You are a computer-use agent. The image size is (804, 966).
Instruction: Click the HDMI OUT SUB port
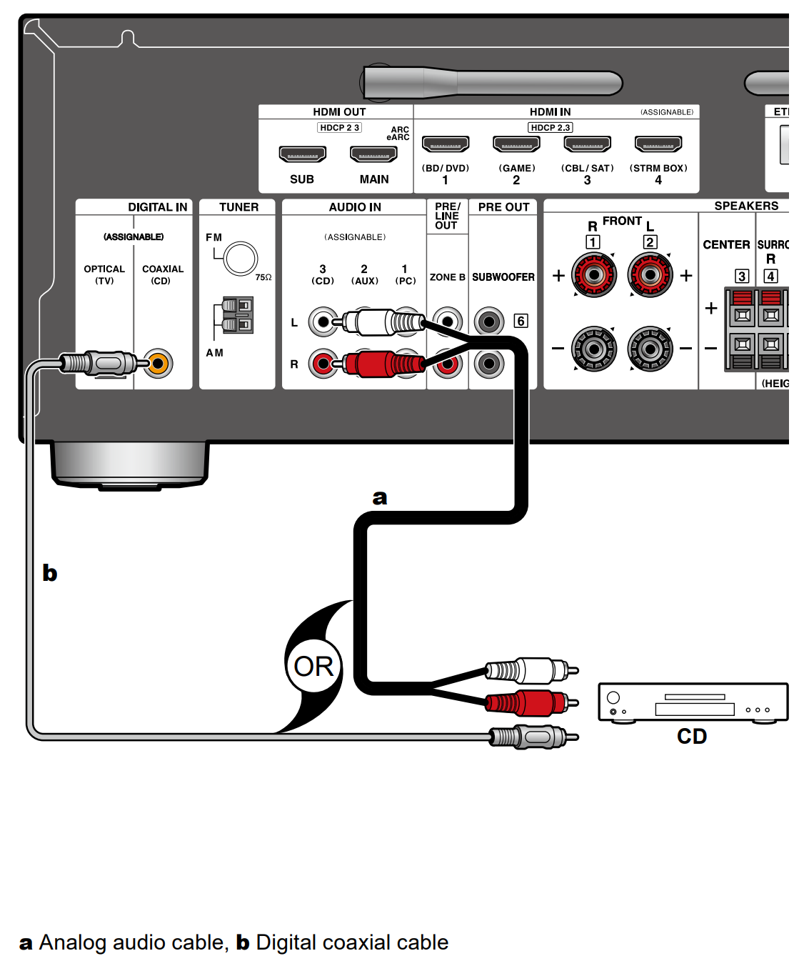[x=302, y=154]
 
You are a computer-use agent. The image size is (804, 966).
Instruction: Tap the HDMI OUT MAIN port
[x=373, y=154]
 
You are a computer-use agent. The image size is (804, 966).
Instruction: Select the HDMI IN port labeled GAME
[x=516, y=144]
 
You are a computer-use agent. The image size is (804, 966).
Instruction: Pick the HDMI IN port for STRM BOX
[x=658, y=144]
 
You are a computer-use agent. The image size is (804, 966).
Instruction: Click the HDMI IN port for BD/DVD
[x=446, y=144]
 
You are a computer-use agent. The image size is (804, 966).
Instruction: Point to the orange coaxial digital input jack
[x=159, y=364]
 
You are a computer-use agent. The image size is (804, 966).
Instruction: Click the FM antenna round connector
[x=240, y=259]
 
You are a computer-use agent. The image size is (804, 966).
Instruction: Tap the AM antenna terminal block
[x=237, y=316]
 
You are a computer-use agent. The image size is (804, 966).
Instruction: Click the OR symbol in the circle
[x=313, y=667]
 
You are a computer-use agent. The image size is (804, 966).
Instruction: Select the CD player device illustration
[x=693, y=702]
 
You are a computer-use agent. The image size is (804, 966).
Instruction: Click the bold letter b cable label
[x=49, y=573]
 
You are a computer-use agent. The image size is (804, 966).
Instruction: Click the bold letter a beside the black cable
[x=380, y=497]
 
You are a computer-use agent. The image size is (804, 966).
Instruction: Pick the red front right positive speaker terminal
[x=593, y=275]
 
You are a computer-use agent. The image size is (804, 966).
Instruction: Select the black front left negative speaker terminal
[x=650, y=349]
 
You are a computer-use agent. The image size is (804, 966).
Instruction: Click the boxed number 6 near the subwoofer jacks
[x=521, y=321]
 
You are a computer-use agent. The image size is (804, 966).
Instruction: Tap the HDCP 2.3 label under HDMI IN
[x=550, y=127]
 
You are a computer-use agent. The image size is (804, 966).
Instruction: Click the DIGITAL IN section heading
[x=157, y=207]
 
